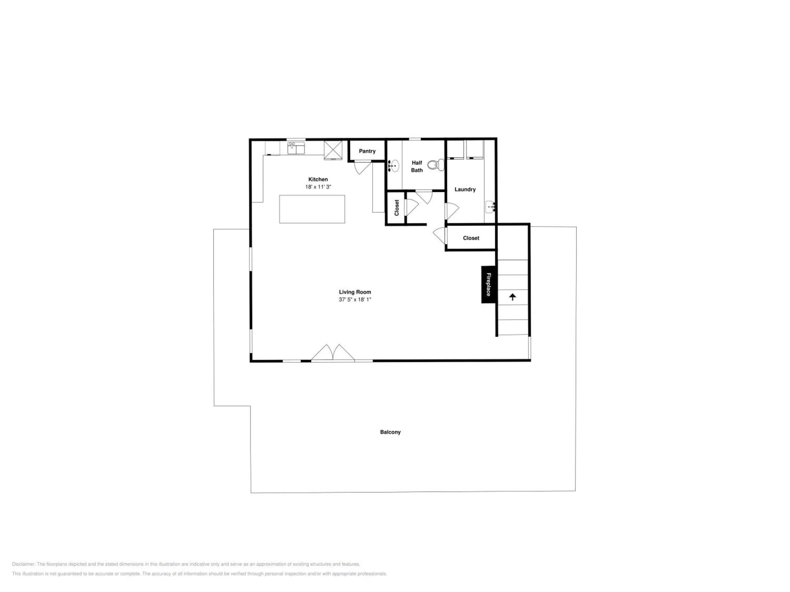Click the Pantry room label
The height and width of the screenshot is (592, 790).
[x=367, y=151]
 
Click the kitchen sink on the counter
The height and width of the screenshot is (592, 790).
[x=296, y=148]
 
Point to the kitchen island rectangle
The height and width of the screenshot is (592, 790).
[x=312, y=209]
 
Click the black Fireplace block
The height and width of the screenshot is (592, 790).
[x=488, y=284]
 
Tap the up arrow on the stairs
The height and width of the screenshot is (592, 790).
[x=512, y=297]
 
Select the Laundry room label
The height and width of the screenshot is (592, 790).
[x=465, y=189]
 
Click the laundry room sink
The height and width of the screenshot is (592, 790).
[x=490, y=207]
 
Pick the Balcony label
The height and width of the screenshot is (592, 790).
[x=390, y=432]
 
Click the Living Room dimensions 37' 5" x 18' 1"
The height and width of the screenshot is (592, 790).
[x=355, y=299]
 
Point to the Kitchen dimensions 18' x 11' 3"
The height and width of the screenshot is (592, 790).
[x=318, y=187]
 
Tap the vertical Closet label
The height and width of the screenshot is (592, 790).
[x=396, y=208]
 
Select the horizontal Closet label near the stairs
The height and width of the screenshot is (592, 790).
[x=471, y=238]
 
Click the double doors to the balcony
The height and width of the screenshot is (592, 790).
[x=333, y=353]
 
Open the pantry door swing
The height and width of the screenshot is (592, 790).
[x=363, y=168]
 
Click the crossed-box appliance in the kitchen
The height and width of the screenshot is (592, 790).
[x=333, y=150]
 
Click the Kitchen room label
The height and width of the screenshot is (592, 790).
[x=318, y=179]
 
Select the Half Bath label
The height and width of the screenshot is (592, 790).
[x=417, y=166]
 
